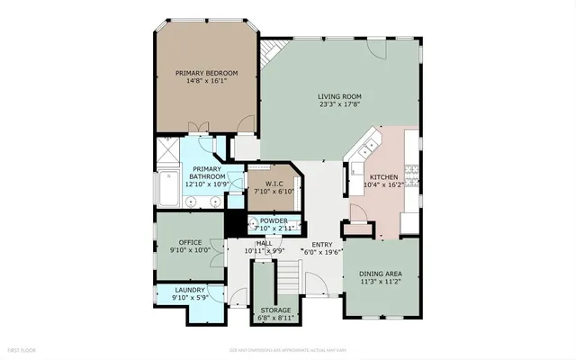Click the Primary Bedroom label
(206, 73)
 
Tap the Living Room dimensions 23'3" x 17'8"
(338, 104)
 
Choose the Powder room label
(274, 220)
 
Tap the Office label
(190, 241)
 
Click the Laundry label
(190, 290)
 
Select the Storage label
(275, 310)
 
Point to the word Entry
(321, 245)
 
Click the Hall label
(264, 243)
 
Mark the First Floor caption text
(22, 347)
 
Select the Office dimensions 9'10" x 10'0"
(190, 249)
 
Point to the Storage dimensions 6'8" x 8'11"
(275, 317)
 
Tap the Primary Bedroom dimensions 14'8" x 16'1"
(206, 81)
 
